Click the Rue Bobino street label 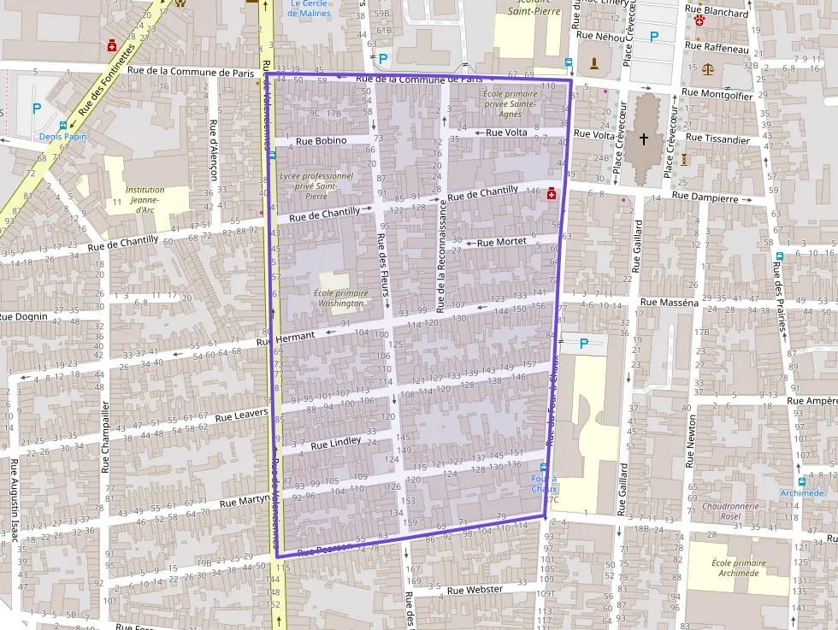(321, 141)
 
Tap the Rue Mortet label (501, 243)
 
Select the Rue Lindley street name (335, 445)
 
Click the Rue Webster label (475, 590)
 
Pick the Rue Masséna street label (669, 303)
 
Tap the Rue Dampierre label (704, 197)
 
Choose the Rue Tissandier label (718, 138)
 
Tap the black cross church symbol (643, 138)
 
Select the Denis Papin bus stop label (63, 137)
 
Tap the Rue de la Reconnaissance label (441, 256)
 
